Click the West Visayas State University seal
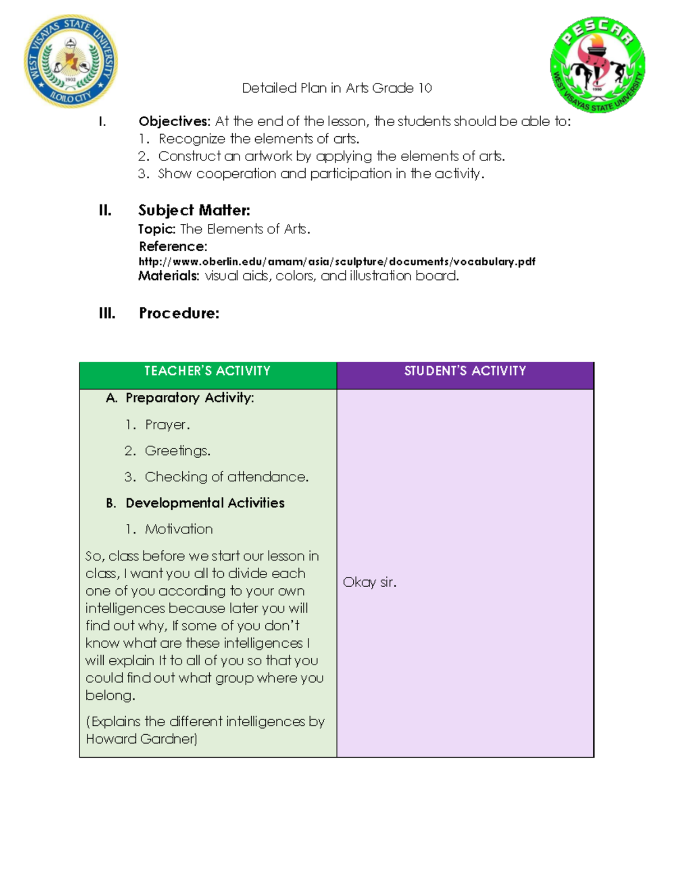pyautogui.click(x=71, y=61)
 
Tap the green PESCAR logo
pyautogui.click(x=597, y=64)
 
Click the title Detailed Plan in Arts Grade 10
pyautogui.click(x=336, y=88)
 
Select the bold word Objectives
pyautogui.click(x=174, y=121)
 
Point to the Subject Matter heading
pyautogui.click(x=194, y=210)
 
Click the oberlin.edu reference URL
pyautogui.click(x=336, y=261)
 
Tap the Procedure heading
pyautogui.click(x=179, y=313)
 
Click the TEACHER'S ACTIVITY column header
pyautogui.click(x=208, y=371)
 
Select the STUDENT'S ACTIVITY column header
pyautogui.click(x=465, y=371)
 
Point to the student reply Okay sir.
pyautogui.click(x=370, y=582)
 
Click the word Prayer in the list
pyautogui.click(x=167, y=425)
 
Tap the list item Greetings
pyautogui.click(x=177, y=451)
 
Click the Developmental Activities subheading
pyautogui.click(x=205, y=503)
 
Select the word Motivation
pyautogui.click(x=178, y=529)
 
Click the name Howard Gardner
pyautogui.click(x=141, y=739)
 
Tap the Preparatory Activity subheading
pyautogui.click(x=190, y=398)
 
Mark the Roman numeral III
pyautogui.click(x=107, y=313)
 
